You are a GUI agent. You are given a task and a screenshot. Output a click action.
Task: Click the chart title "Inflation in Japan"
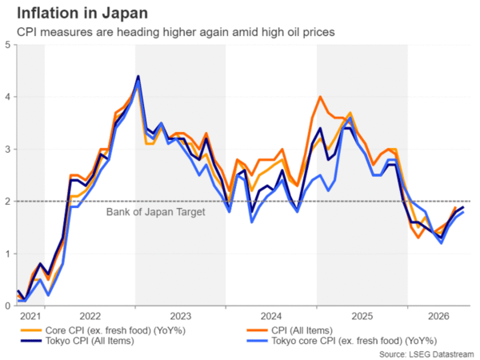click(x=82, y=14)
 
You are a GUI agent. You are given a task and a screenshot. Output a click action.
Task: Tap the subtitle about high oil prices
click(x=176, y=32)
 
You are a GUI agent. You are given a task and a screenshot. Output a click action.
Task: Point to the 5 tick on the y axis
click(x=8, y=45)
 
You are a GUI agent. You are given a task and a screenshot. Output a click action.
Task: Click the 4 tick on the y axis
click(x=8, y=97)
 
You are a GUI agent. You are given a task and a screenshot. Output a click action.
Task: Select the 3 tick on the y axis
click(x=8, y=149)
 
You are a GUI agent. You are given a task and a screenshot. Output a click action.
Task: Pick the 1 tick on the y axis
click(x=8, y=254)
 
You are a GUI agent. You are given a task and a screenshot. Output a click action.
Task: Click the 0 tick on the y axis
click(x=8, y=306)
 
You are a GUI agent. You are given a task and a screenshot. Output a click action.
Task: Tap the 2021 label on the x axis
click(x=30, y=316)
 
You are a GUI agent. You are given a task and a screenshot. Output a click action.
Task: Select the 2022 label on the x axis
click(x=90, y=316)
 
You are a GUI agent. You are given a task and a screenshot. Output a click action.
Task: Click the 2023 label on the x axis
click(x=181, y=316)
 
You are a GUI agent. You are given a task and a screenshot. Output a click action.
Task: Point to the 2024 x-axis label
click(x=271, y=316)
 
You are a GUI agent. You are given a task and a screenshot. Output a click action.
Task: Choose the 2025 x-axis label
click(x=362, y=316)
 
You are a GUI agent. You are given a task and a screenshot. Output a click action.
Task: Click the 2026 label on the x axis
click(x=438, y=316)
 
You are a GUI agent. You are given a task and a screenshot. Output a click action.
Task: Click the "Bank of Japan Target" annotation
click(x=155, y=212)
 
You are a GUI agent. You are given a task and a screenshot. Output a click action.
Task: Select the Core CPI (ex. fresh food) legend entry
click(x=103, y=330)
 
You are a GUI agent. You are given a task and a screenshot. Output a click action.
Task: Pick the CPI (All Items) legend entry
click(x=290, y=330)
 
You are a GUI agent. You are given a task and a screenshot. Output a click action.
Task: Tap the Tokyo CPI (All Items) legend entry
click(x=77, y=341)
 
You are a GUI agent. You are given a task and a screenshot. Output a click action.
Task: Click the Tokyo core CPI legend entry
click(x=342, y=341)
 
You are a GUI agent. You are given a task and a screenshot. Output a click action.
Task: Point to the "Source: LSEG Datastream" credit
click(x=426, y=354)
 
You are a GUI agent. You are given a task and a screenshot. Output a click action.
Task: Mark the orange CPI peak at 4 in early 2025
click(x=320, y=97)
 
